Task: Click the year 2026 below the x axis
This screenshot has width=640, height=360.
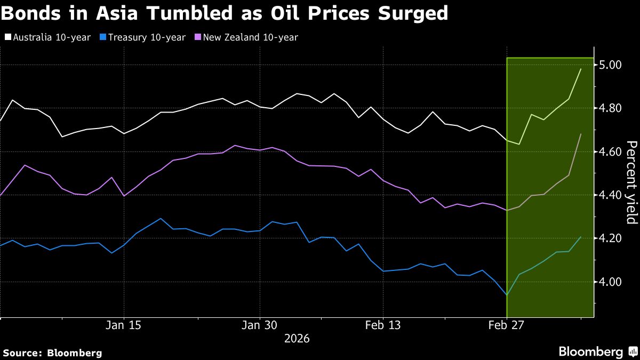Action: [x=297, y=339]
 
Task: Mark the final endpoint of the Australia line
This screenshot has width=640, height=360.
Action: [x=581, y=69]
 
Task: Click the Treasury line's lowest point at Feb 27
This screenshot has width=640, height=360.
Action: [x=506, y=294]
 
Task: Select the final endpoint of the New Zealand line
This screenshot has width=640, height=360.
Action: [x=581, y=134]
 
